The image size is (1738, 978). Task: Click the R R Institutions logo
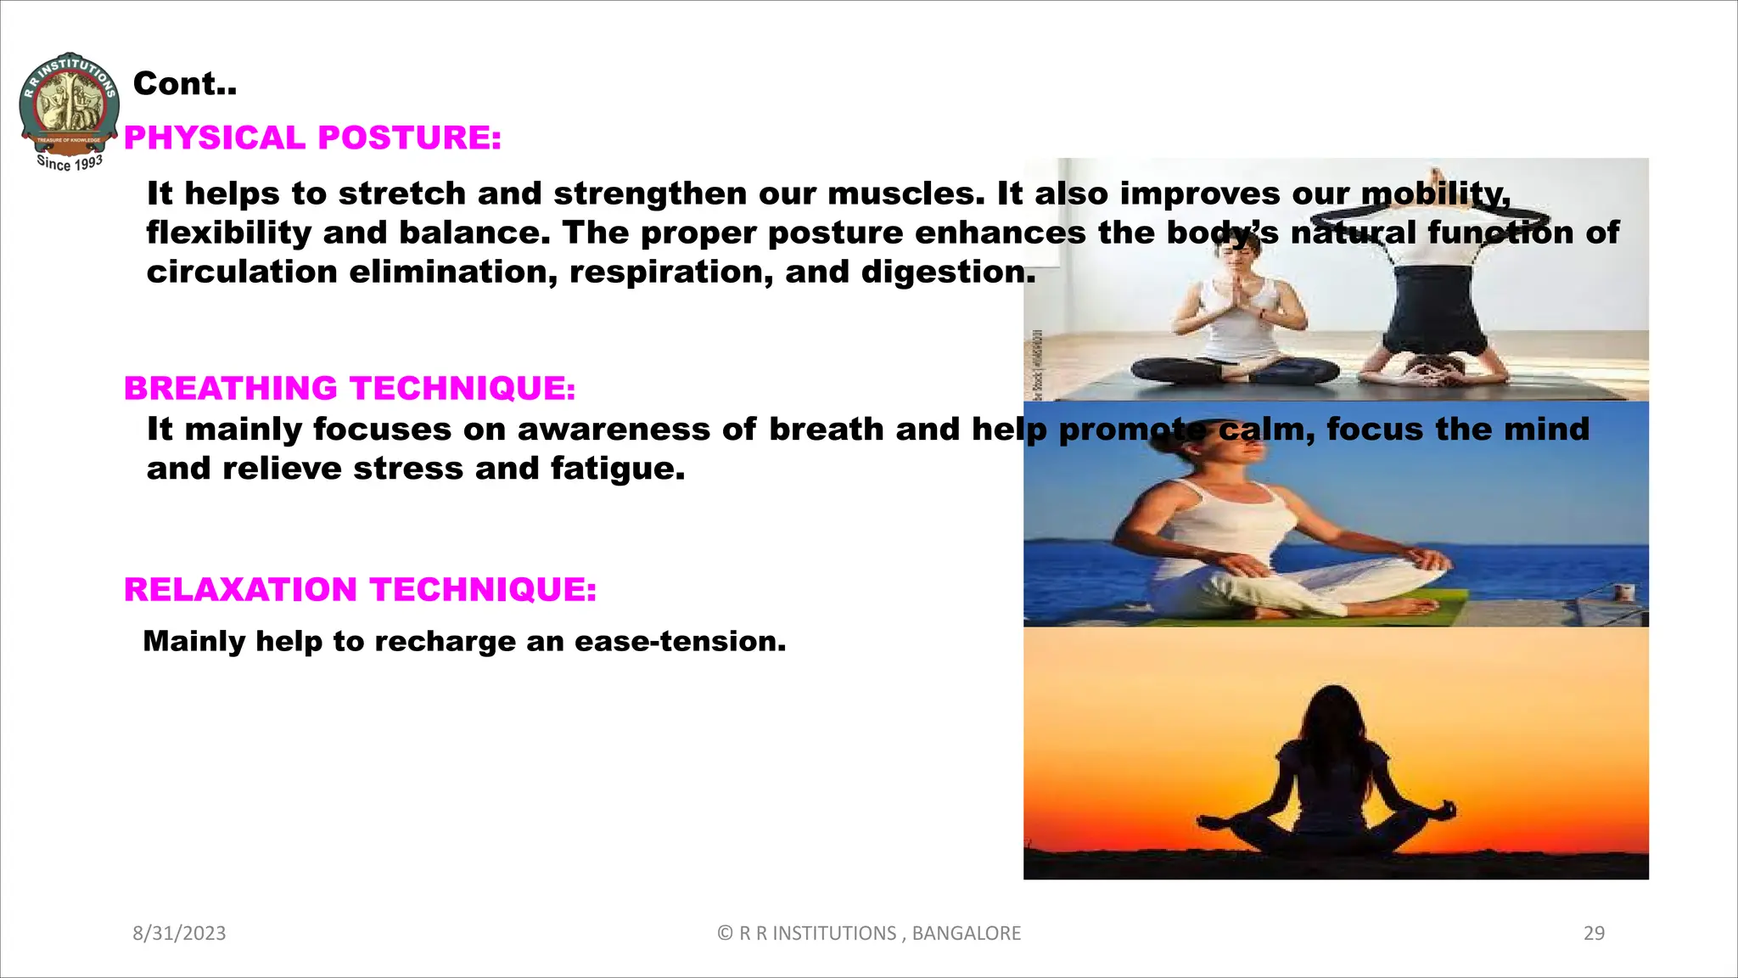pos(69,106)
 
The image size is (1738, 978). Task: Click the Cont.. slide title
pos(185,83)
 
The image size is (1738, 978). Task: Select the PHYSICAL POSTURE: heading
pos(312,138)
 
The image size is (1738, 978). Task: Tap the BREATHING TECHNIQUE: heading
pos(350,388)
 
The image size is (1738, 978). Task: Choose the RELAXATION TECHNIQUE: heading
pos(360,589)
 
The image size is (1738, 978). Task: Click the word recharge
pos(445,641)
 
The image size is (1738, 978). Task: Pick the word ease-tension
pos(680,641)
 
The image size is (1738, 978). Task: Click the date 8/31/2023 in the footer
pos(179,933)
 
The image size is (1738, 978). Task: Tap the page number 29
pos(1594,933)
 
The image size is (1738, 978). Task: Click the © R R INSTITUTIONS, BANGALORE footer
pos(869,933)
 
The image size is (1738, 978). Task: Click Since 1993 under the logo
pos(70,162)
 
